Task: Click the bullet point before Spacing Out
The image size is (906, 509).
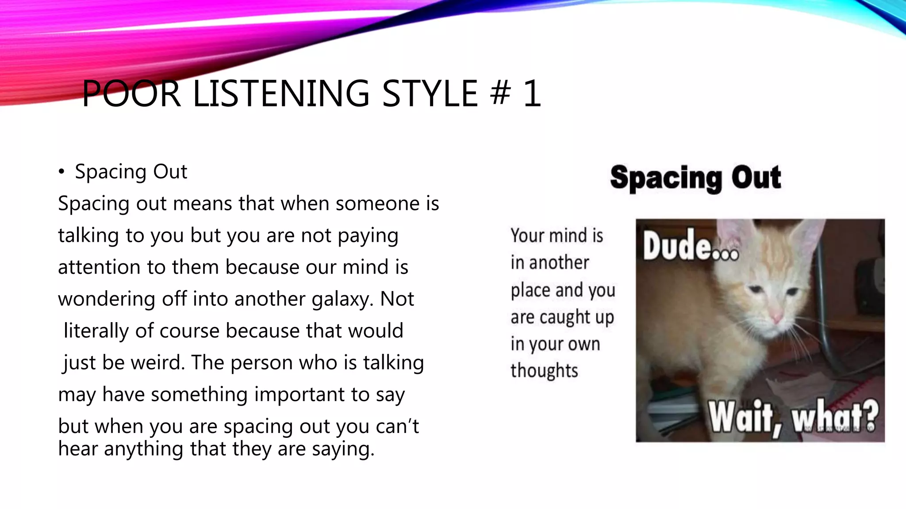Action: pos(61,172)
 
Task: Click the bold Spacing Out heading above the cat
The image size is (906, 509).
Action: pos(695,178)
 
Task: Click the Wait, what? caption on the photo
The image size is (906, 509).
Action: pos(793,417)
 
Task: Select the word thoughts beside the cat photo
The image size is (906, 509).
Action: pos(544,371)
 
